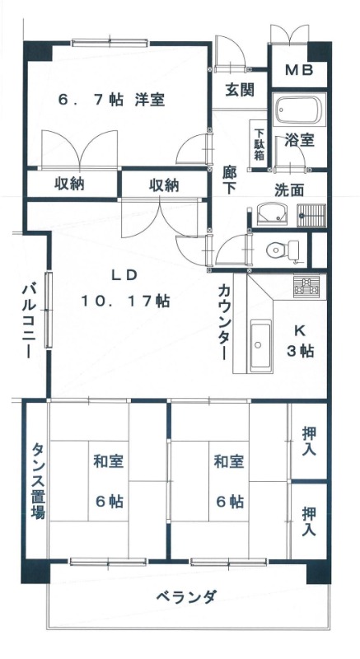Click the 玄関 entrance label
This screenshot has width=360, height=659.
pos(240,90)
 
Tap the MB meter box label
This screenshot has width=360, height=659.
pos(299,70)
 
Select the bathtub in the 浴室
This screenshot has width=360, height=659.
pos(299,110)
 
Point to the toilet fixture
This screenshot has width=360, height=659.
pos(283,251)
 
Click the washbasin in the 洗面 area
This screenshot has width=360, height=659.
pos(272,214)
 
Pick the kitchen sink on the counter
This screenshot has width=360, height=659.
pos(261,346)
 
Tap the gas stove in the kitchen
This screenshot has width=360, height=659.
pos(309,287)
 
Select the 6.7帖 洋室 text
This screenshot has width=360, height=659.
pos(111,100)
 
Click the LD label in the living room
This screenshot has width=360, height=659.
pos(124,275)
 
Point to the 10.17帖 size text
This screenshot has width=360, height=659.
pos(125,301)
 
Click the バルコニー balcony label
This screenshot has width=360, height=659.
pos(29,321)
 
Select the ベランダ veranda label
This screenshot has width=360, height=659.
pos(187,596)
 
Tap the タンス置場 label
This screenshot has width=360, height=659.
pos(37,482)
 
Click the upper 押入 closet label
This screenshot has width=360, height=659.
pos(309,441)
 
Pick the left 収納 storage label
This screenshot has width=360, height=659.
pos(69,185)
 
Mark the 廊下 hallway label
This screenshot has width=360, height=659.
pos(229,180)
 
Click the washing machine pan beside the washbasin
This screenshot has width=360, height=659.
pos(311,215)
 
